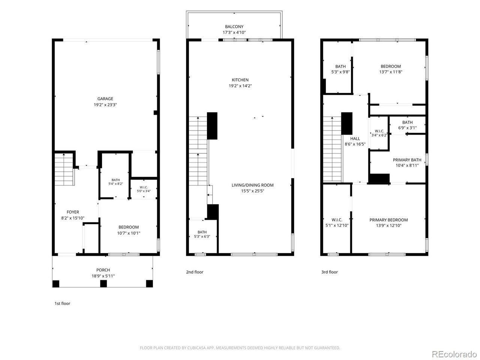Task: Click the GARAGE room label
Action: [105, 99]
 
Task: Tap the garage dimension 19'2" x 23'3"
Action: [105, 105]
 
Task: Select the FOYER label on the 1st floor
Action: [73, 212]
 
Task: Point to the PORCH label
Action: [103, 270]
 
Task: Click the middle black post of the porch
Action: [103, 284]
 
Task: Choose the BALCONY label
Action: [234, 27]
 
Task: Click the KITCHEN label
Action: [240, 80]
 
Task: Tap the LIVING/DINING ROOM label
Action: [253, 185]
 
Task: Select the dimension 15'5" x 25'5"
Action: [253, 191]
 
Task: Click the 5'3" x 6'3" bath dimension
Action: [202, 237]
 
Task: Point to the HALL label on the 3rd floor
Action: [355, 139]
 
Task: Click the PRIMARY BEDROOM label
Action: [388, 220]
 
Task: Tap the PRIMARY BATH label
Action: [407, 160]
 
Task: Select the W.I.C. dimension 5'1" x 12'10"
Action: [337, 225]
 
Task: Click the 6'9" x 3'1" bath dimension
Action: [407, 128]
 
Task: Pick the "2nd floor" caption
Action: [195, 272]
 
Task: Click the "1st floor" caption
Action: [62, 303]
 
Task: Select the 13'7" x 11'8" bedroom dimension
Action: [391, 72]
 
